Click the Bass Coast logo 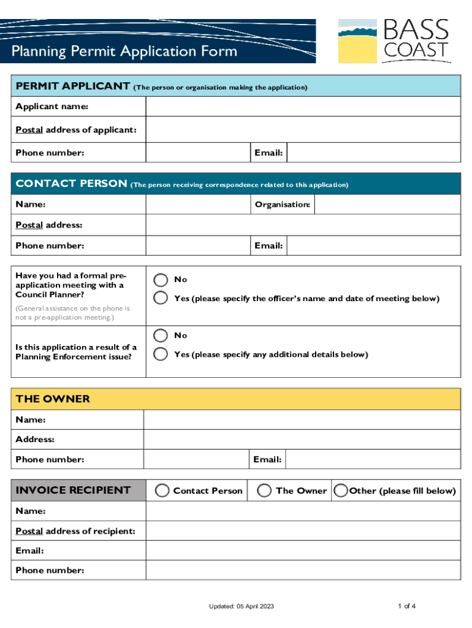[x=394, y=40]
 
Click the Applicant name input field [x=303, y=107]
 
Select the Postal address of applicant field [x=303, y=129]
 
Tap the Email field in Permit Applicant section [x=373, y=153]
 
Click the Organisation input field [x=387, y=204]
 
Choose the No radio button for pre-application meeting [x=161, y=280]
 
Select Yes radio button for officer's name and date [x=161, y=299]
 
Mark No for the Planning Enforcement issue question [x=161, y=335]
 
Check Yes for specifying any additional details [x=161, y=354]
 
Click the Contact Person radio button [x=162, y=491]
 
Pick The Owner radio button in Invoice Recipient [x=264, y=491]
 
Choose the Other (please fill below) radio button [x=340, y=491]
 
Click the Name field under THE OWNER [x=302, y=420]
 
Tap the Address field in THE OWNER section [x=302, y=440]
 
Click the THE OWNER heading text [x=53, y=399]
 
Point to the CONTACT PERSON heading [x=71, y=184]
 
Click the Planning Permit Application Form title [x=124, y=51]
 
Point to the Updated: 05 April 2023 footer [x=241, y=607]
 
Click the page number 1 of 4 [x=407, y=607]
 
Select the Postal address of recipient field [x=303, y=530]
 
